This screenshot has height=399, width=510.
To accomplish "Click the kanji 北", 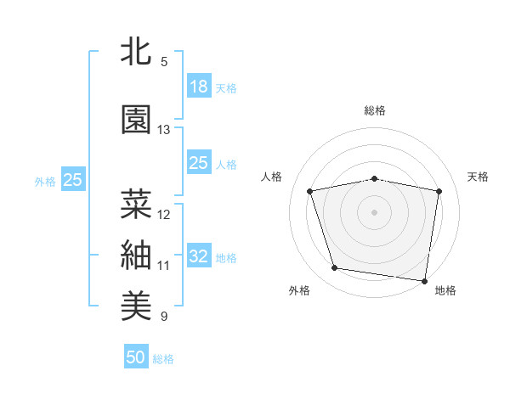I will coord(136,53).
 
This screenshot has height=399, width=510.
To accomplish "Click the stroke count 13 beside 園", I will coord(164,130).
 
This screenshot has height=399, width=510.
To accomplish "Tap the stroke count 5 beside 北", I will coord(164,62).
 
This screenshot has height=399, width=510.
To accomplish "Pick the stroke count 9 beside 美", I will coord(164,317).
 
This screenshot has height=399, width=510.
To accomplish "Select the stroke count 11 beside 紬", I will coord(164,266).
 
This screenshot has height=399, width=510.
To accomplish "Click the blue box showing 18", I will coord(198,87).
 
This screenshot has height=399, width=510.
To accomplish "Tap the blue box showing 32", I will coord(198,256).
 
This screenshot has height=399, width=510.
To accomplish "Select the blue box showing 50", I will coord(136,357).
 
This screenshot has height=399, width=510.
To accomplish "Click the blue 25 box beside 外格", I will coord(73,180).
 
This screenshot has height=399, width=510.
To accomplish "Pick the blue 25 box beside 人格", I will coord(198,163).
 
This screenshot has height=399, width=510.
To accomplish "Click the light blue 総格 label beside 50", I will coord(163,359).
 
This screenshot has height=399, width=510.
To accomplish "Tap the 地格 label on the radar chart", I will coord(445,290).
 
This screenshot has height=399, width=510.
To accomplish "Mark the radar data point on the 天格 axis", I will coord(439,191).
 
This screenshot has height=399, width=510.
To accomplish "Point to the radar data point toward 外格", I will coord(335,268).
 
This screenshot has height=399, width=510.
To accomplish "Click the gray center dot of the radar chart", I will coord(375,211).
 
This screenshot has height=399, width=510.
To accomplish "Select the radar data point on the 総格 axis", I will coord(375,178).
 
